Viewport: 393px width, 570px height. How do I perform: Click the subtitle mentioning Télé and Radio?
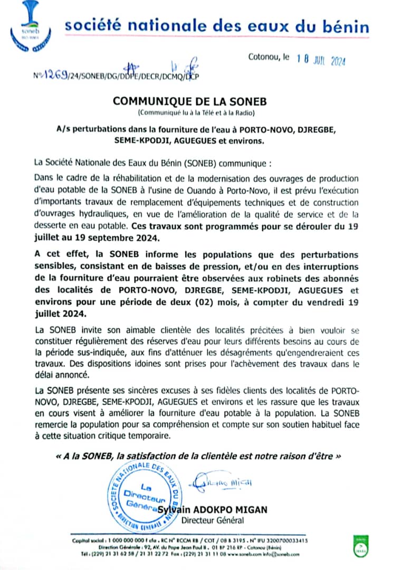point(196,113)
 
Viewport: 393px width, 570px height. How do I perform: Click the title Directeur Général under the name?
point(213,521)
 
